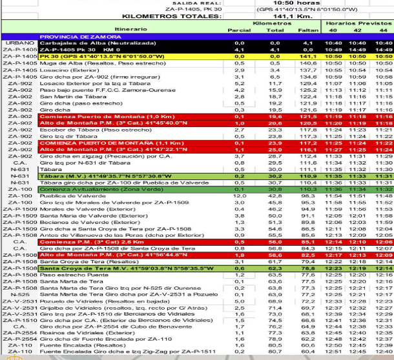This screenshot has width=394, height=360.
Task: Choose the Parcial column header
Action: (x=240, y=30)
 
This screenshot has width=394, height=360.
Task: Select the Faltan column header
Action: (x=307, y=30)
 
